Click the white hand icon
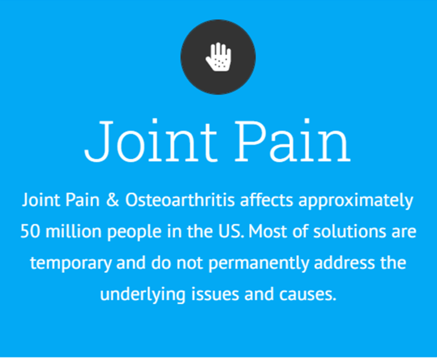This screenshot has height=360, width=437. [x=218, y=56]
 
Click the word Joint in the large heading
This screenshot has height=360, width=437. [x=150, y=140]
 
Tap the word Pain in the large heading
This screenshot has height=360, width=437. [x=292, y=140]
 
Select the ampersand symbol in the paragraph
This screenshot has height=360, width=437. [x=113, y=200]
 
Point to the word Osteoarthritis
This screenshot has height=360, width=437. [x=180, y=200]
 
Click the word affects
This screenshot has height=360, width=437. [x=267, y=200]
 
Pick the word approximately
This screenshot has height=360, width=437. [x=356, y=201]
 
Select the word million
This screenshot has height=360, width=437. [x=73, y=231]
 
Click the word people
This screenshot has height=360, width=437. [x=134, y=232]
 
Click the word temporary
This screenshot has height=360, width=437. [x=71, y=264]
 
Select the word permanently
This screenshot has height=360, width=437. [x=259, y=264]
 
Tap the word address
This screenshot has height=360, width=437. [x=344, y=263]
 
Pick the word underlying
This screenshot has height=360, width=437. [x=143, y=295]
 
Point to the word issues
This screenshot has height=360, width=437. [x=215, y=294]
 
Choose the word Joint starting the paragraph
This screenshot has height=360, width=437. [x=41, y=200]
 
